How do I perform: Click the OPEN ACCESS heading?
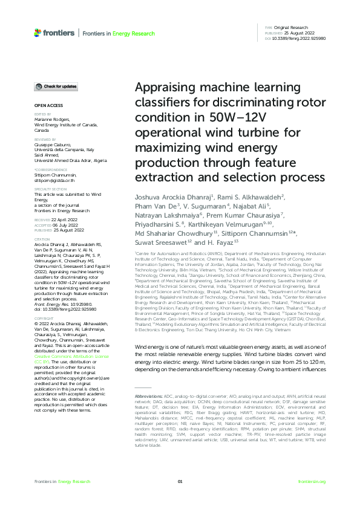coord(45,105)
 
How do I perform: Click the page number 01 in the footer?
coord(180,481)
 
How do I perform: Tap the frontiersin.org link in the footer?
coord(312,481)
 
